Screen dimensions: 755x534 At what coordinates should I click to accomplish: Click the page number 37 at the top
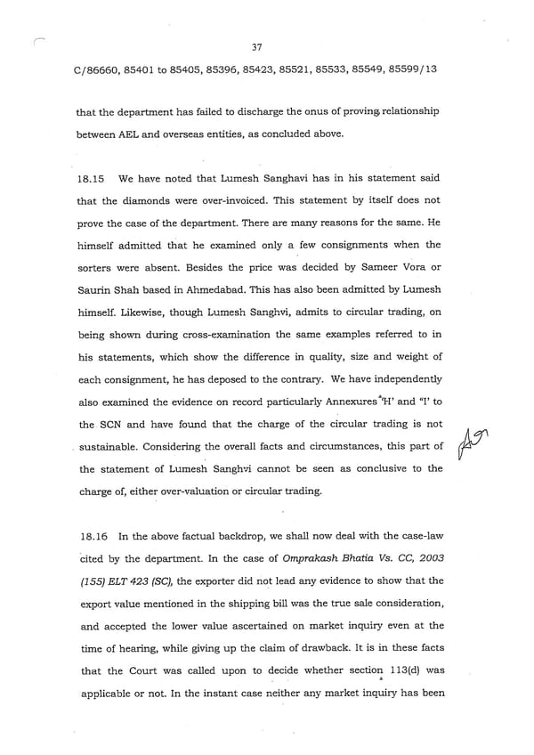tap(257, 47)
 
